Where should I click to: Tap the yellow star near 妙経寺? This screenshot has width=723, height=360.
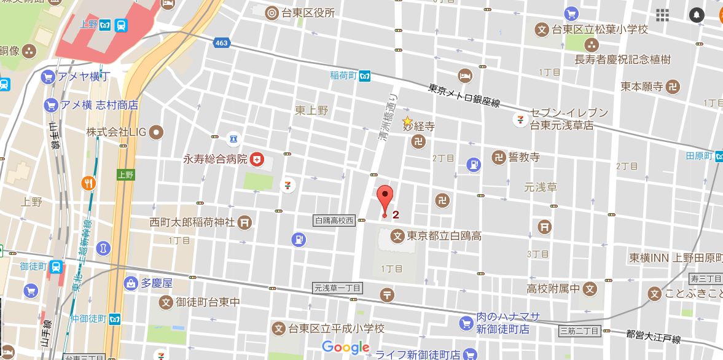click(407, 120)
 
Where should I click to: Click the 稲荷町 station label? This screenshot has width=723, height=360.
click(343, 76)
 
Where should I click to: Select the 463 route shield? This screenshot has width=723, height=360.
click(221, 43)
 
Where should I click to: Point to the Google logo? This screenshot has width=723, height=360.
click(345, 347)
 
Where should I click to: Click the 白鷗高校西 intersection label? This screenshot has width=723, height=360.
click(334, 221)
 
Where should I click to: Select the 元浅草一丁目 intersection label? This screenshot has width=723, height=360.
click(338, 288)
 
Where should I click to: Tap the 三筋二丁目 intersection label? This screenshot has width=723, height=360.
click(579, 332)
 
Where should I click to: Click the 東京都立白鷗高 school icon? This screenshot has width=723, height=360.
click(397, 235)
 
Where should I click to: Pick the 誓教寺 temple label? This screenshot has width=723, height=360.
click(524, 157)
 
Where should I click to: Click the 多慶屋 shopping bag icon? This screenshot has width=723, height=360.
click(130, 283)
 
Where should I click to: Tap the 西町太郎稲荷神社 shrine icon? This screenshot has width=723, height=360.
click(244, 222)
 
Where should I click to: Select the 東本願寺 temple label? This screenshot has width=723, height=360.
click(642, 87)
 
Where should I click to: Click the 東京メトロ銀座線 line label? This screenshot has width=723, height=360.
click(464, 96)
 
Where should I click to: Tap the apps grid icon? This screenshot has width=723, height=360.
click(662, 15)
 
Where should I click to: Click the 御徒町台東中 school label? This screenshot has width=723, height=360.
click(208, 302)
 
